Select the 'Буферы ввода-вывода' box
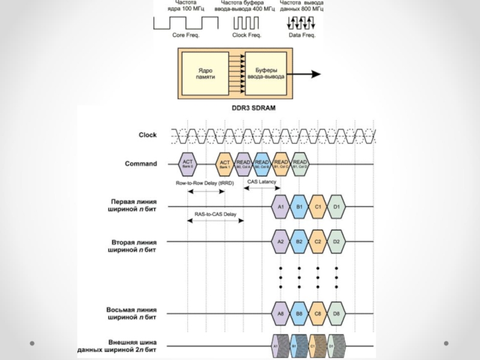[266, 73]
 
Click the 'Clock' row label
[148, 135]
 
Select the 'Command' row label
[141, 163]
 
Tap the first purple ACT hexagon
[188, 163]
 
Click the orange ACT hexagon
[224, 163]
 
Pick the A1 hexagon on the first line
[280, 208]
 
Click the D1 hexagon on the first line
[337, 208]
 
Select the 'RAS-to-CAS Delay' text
[215, 214]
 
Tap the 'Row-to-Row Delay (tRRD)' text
[204, 183]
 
